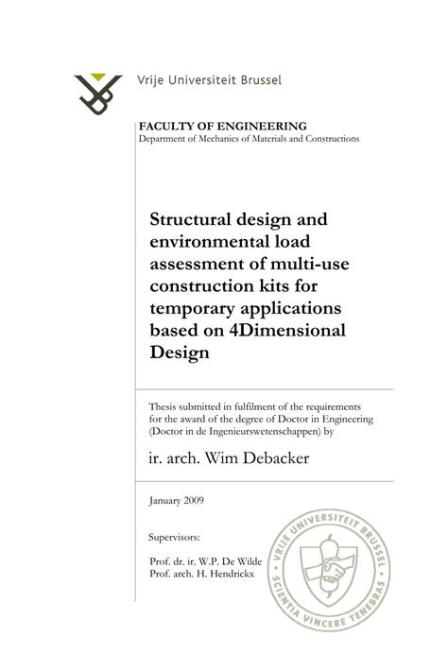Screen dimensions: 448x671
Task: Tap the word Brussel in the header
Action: pos(255,80)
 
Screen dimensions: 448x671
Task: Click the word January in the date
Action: pos(165,501)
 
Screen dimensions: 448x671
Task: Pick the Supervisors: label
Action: pos(174,538)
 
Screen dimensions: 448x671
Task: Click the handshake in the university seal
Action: pos(337,572)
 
